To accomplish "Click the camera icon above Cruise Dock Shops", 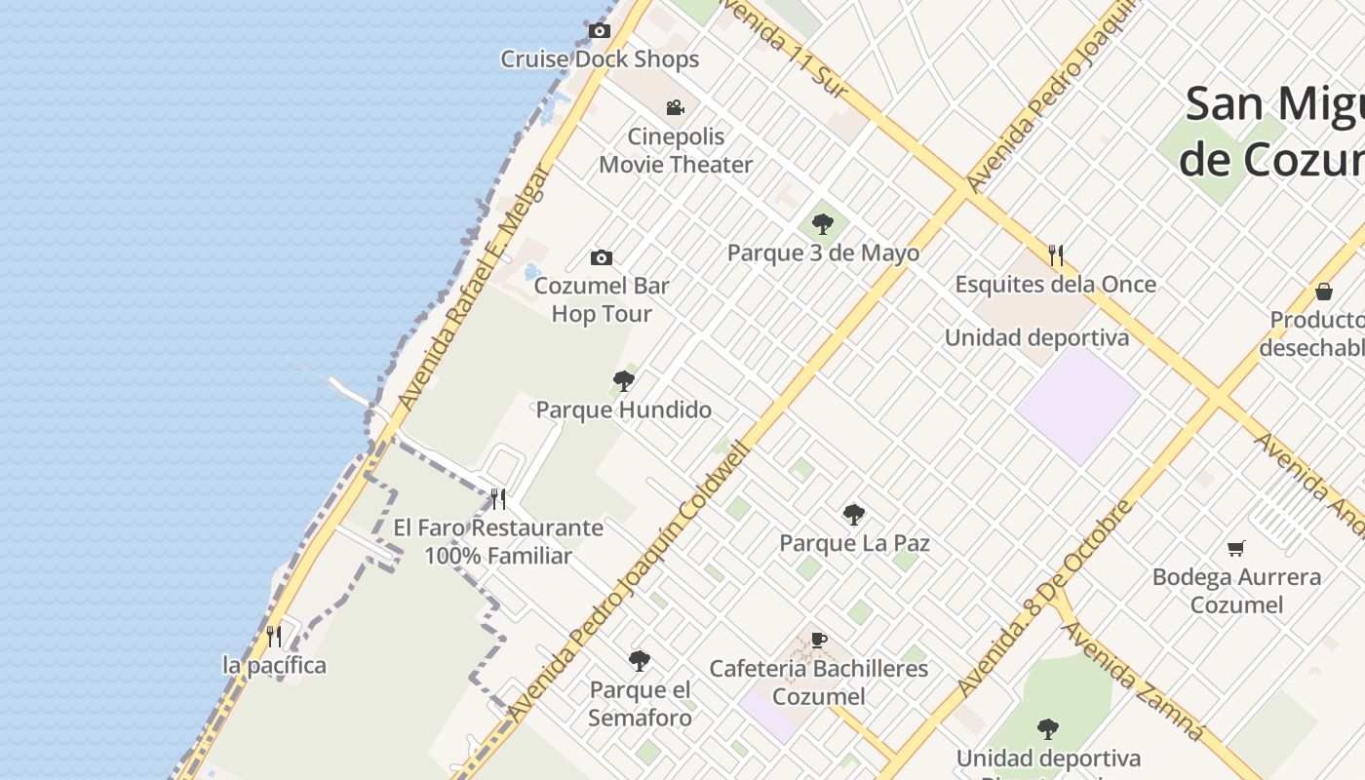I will (600, 31).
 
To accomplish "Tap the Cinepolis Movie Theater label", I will (676, 150).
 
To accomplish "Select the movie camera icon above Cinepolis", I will (675, 107).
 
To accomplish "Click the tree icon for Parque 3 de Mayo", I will (823, 224).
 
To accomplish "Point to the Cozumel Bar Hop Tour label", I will (602, 299).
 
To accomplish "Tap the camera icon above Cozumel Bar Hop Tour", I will (602, 257).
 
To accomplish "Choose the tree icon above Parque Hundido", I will (624, 381).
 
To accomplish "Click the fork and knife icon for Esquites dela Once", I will (1056, 255).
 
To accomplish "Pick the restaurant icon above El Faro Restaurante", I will (498, 499).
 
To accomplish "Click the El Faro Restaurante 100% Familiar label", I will (498, 541).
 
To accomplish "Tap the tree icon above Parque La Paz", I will (854, 514).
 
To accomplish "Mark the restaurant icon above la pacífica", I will (274, 637).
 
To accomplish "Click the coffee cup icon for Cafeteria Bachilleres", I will (819, 640).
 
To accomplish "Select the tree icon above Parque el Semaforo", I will (640, 661).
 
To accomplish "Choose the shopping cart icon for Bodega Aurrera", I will (1236, 548).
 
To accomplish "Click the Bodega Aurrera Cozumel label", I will (1236, 590).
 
